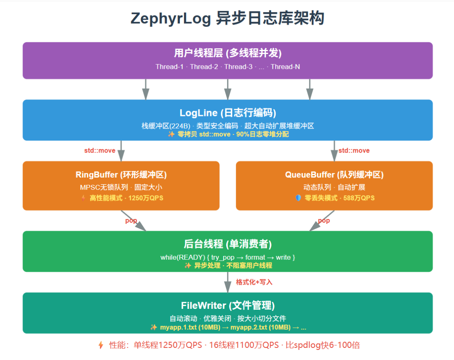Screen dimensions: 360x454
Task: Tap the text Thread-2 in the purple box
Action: coord(204,66)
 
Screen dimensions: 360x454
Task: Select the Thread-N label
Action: coord(285,66)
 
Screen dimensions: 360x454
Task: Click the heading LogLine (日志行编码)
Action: coord(228,113)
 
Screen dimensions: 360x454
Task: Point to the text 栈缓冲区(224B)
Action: coord(160,126)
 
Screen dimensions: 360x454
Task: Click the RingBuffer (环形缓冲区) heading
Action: coord(121,175)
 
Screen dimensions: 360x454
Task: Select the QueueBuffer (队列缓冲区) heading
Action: coord(334,175)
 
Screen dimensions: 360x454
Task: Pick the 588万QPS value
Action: coord(359,198)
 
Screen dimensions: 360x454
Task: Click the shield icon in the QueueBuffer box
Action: coord(298,198)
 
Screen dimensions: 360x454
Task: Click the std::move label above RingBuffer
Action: coord(99,151)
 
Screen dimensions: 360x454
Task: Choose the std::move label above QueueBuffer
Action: coord(354,151)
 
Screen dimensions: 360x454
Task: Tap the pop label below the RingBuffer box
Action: coord(131,221)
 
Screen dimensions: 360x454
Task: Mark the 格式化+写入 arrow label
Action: coord(254,282)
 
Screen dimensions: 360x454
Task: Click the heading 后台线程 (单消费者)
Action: coord(228,244)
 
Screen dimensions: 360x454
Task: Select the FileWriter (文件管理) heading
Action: coord(228,305)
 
